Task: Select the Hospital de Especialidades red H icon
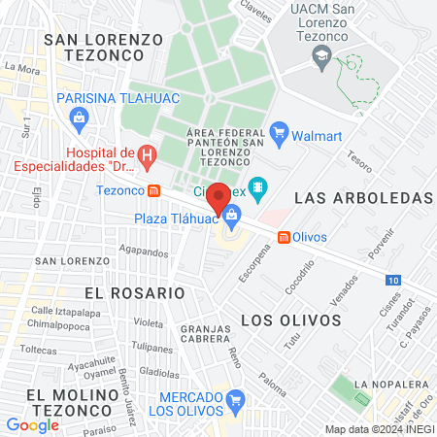147,153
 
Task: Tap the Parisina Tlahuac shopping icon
79,118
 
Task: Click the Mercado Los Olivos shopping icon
237,398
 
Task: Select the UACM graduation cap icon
319,58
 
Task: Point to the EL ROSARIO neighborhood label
134,292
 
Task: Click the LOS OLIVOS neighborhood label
290,319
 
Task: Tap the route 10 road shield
391,281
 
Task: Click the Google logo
32,424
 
